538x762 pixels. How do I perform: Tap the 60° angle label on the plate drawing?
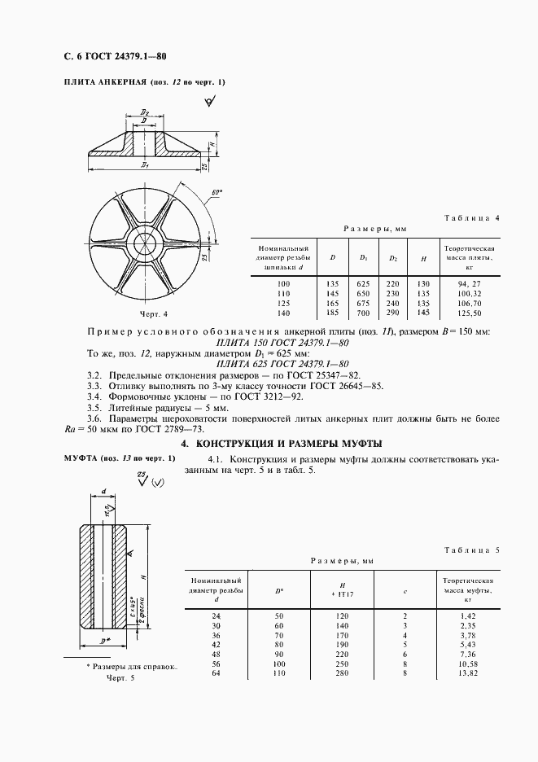click(217, 193)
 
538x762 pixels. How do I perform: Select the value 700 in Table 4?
click(363, 313)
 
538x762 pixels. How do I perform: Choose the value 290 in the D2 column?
click(393, 313)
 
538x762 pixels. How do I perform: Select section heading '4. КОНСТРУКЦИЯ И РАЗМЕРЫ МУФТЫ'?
click(281, 444)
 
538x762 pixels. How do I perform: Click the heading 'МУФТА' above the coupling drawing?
click(80, 458)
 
